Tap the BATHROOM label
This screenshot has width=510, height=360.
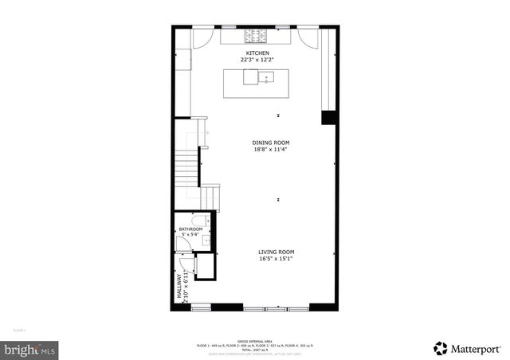[190, 229]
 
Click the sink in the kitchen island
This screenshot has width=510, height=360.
[266, 77]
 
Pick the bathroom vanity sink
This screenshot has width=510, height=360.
[204, 239]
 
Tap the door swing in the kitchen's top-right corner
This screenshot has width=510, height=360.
[308, 37]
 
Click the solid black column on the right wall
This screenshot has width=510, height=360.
[328, 117]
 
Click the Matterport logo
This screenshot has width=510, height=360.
[469, 348]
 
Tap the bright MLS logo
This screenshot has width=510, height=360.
[29, 349]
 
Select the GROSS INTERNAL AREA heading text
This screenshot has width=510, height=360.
[255, 340]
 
